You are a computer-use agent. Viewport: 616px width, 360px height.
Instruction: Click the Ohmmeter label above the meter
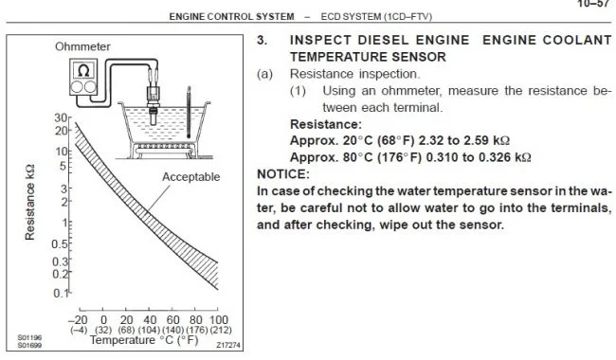click(x=82, y=46)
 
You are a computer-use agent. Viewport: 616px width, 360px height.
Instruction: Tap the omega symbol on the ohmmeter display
click(x=83, y=71)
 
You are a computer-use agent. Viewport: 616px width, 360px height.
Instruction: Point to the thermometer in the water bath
click(x=189, y=113)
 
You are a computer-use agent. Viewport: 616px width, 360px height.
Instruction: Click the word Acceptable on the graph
click(x=190, y=176)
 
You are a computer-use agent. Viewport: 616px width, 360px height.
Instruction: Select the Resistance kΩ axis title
click(x=30, y=202)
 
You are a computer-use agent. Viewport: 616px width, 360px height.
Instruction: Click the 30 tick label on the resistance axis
click(x=61, y=117)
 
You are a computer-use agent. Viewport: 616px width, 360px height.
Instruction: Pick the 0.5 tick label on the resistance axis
click(x=60, y=243)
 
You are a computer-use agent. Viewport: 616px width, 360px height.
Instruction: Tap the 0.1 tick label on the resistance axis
click(x=61, y=293)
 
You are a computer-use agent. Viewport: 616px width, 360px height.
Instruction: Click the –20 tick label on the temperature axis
click(x=78, y=319)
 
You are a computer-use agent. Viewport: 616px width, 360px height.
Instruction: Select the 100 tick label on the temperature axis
click(x=218, y=319)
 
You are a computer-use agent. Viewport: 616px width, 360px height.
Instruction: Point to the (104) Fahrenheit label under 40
click(x=149, y=330)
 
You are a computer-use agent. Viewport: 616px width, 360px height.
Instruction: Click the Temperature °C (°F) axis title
click(x=144, y=340)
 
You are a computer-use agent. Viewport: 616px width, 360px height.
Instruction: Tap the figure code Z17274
click(x=227, y=345)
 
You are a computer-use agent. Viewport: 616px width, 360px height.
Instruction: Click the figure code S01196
click(x=29, y=337)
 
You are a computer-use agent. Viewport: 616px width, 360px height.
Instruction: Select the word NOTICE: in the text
click(x=283, y=174)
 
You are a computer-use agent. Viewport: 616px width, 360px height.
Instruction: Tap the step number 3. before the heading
click(x=263, y=40)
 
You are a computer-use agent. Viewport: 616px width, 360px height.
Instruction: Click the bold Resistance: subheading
click(x=326, y=124)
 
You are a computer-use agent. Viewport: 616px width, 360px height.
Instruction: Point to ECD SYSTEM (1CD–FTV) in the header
click(x=376, y=17)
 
